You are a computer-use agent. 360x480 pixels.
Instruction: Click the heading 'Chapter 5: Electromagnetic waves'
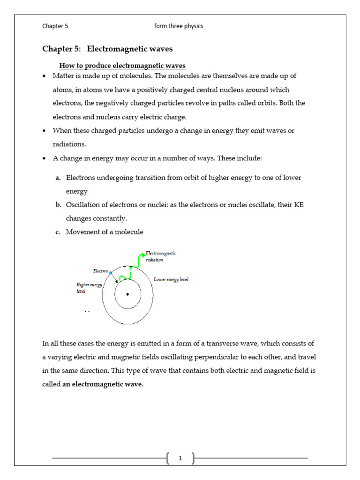107,49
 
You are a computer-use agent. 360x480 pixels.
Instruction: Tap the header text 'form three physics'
179,26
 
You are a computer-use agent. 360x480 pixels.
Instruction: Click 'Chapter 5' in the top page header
55,26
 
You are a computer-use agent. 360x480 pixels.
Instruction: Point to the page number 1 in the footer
180,458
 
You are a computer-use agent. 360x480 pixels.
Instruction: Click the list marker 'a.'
58,178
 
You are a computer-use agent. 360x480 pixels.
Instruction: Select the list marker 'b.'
58,205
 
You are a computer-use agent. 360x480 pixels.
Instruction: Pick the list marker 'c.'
58,232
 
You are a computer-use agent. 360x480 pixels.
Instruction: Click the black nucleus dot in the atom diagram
127,294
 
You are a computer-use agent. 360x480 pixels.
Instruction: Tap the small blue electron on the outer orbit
111,272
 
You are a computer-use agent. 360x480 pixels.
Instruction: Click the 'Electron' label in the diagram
101,271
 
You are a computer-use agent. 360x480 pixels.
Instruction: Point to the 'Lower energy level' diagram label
171,279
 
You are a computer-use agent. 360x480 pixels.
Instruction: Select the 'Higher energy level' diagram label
89,287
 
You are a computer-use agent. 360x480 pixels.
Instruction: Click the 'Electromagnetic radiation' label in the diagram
161,256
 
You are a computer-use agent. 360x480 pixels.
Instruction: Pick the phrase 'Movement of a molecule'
105,232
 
